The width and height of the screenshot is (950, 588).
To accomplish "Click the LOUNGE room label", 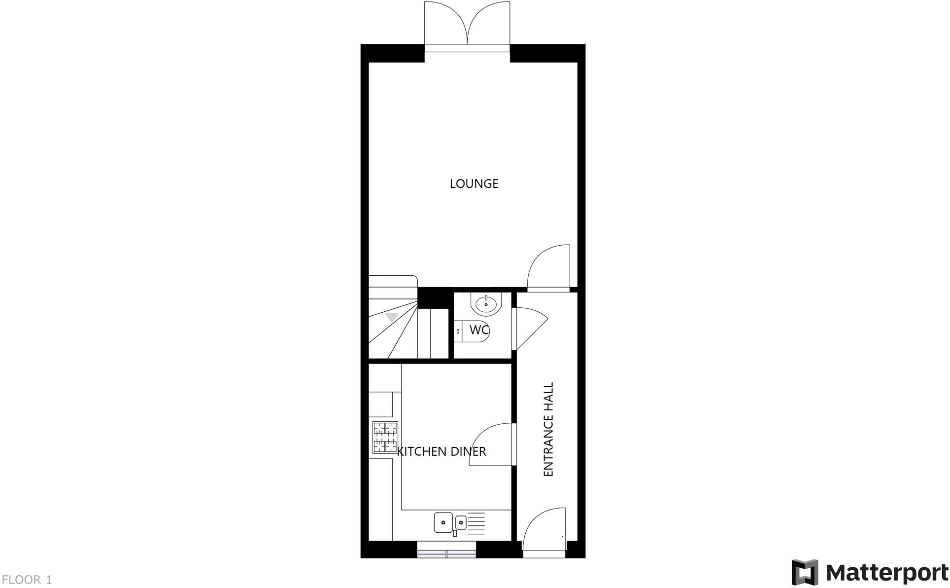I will tap(474, 184).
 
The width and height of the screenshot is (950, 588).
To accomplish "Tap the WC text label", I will tap(478, 330).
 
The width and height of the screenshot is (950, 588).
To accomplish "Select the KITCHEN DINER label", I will tap(441, 451).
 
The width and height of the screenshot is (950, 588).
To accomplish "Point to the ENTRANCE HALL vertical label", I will tap(548, 429).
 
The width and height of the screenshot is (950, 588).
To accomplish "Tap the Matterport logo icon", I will tap(805, 572).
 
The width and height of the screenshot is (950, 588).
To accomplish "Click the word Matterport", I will tap(886, 573).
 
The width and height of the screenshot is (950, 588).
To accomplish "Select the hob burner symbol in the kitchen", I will tap(385, 437).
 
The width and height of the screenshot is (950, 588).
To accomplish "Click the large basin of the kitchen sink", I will tap(443, 522).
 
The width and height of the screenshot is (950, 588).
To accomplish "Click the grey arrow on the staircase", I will tap(392, 317).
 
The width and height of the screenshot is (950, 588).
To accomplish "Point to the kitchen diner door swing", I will tap(491, 444).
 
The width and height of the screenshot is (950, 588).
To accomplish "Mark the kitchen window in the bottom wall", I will tap(446, 551).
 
